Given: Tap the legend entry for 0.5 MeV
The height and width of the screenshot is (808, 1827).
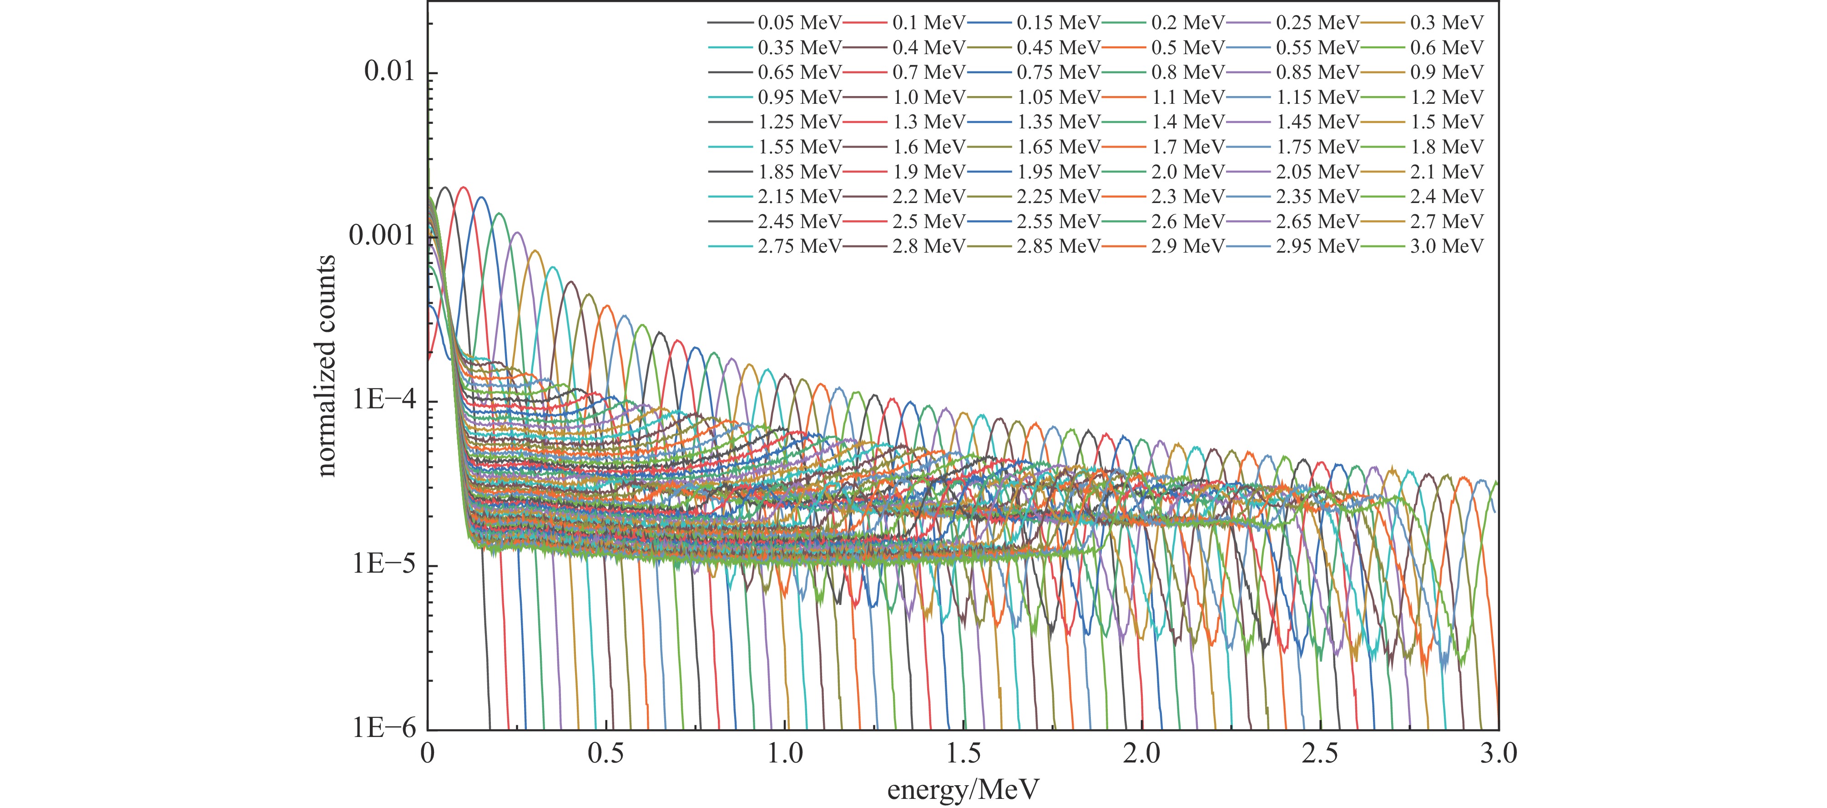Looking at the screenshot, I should (x=1188, y=47).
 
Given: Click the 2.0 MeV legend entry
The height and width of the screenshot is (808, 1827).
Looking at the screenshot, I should (x=1188, y=172).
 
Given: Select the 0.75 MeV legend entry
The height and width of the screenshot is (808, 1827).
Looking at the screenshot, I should (x=1058, y=72).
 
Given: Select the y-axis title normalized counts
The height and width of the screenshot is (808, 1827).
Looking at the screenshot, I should (x=326, y=366).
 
